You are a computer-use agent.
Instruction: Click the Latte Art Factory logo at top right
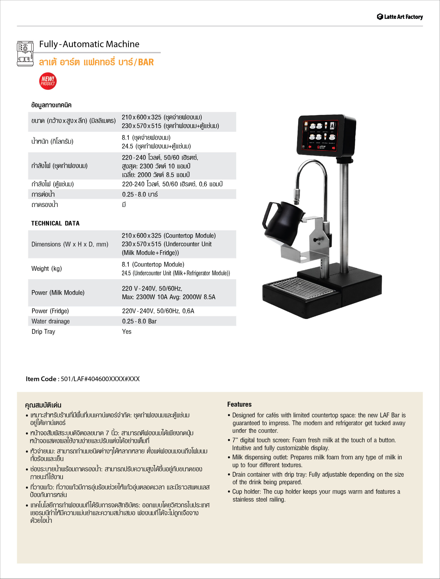click(400, 17)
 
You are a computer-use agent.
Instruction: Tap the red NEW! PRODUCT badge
click(48, 81)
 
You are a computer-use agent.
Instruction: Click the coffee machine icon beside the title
click(25, 53)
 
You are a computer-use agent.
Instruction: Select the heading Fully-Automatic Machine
click(89, 44)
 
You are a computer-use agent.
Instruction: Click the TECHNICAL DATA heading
click(55, 223)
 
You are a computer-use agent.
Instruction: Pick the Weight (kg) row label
click(47, 268)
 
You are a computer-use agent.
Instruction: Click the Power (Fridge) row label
click(50, 311)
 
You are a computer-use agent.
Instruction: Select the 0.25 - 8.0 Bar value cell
click(139, 321)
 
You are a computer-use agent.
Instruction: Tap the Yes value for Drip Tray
click(127, 331)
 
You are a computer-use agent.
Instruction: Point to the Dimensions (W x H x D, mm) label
click(70, 244)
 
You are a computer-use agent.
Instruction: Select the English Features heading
click(239, 404)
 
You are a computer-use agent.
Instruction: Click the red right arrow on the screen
click(334, 148)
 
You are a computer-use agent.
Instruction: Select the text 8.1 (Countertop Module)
click(153, 264)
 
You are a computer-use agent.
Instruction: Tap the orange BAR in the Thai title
click(146, 62)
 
